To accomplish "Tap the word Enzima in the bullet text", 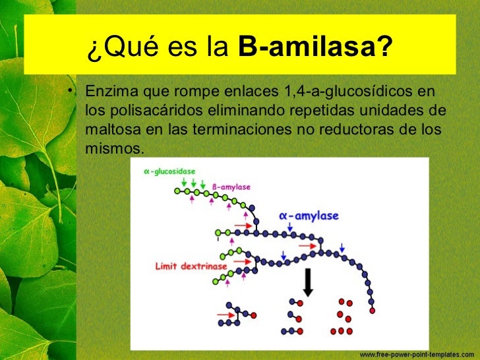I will tap(110, 90).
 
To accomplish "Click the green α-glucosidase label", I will tap(169, 171).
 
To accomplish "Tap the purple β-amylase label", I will tap(231, 187).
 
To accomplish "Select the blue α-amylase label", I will tap(309, 216).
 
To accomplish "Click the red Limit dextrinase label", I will tap(191, 266).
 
